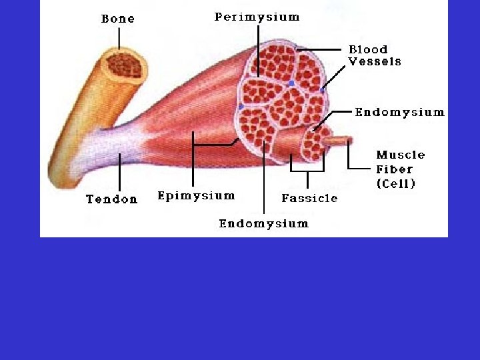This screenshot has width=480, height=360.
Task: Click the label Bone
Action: point(117,19)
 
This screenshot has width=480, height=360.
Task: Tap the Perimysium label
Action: point(257,17)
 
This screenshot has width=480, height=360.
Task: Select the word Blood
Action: point(368,49)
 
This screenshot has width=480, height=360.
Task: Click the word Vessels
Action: point(375,61)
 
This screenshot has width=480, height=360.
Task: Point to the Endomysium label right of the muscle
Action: point(399,112)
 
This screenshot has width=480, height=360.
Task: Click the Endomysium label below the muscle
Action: point(263,223)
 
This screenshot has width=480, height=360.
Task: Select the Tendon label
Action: point(111,199)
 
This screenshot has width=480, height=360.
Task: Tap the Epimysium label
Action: point(196,195)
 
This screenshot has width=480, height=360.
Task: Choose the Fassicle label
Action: point(309,198)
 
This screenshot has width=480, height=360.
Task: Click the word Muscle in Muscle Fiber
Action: point(401,155)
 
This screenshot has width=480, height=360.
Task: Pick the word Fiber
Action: point(395,169)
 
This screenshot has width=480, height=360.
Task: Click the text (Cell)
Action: point(396,183)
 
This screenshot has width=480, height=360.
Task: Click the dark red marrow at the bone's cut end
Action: point(124,65)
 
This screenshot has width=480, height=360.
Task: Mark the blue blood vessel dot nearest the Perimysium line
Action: point(291,83)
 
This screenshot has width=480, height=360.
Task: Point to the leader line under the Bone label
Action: point(119,39)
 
